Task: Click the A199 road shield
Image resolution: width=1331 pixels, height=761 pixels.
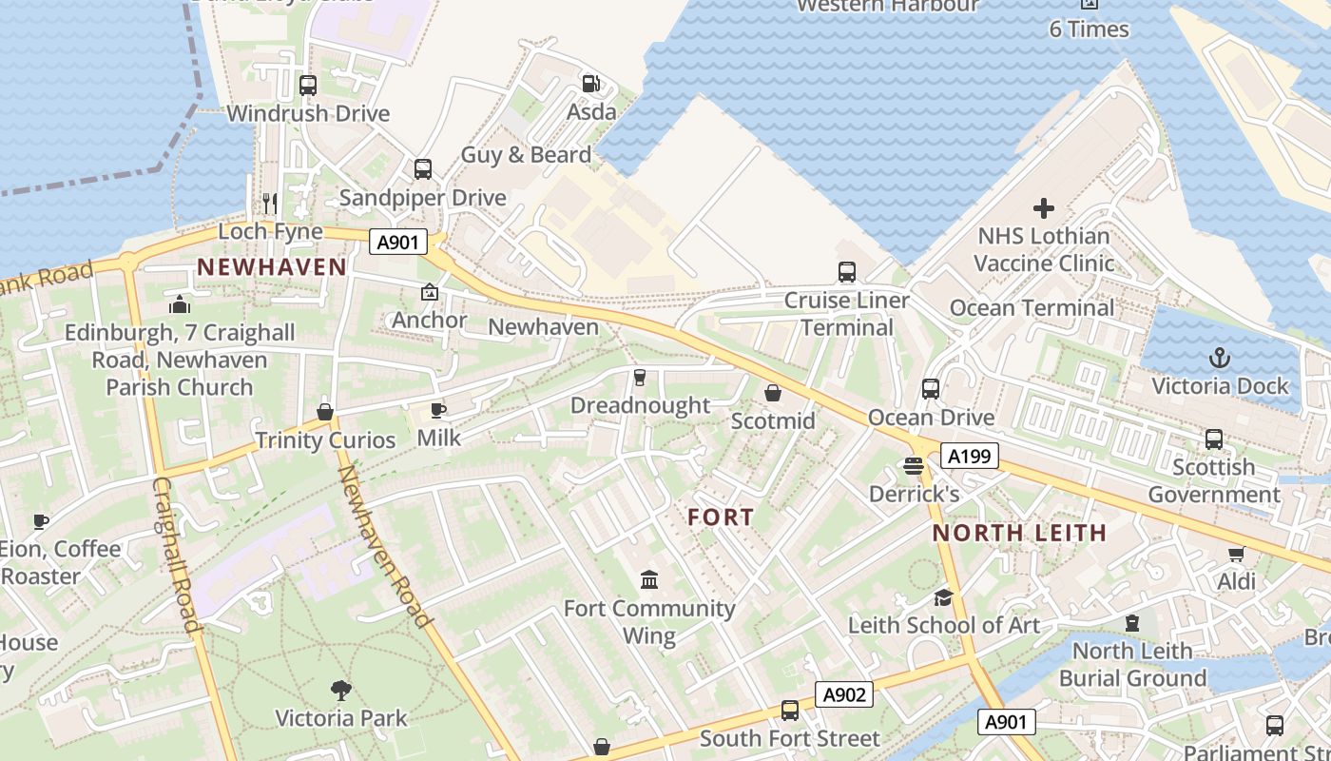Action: point(970,457)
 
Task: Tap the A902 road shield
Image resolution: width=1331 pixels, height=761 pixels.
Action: point(844,694)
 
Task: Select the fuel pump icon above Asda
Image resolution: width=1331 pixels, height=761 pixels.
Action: point(590,84)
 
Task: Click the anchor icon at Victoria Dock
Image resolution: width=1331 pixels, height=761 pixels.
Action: point(1219,358)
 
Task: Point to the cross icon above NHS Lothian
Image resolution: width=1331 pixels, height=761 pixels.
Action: point(1044,207)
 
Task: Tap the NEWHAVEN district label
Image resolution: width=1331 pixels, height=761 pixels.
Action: point(272,267)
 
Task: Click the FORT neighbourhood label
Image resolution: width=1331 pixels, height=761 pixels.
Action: point(721,517)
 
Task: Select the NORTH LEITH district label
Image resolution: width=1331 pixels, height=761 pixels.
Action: point(1020,533)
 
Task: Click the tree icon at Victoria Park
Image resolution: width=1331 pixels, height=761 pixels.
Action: point(340,690)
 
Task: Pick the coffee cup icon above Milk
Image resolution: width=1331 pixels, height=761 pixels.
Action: point(438,410)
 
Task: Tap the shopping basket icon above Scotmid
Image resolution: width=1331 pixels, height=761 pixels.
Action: point(773,393)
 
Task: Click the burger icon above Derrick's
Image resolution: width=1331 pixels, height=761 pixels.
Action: point(914,466)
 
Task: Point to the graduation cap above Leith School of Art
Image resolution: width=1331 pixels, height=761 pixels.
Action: point(943,597)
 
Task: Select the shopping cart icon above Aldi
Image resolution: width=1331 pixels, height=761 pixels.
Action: point(1236,553)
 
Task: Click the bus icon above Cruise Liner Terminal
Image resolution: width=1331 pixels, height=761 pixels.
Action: point(847,272)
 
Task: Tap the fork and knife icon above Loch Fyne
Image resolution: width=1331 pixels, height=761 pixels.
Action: point(270,203)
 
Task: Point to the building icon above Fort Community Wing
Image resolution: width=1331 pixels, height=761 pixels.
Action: point(649,579)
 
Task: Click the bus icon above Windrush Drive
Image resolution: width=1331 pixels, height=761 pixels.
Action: point(308,86)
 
